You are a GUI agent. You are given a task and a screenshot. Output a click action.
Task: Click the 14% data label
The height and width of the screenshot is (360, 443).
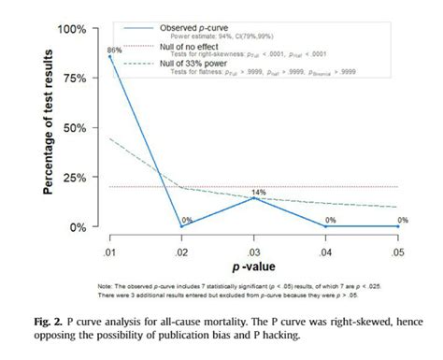pos(259,191)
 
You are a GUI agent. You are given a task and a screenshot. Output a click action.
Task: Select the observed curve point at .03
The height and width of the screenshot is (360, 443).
pos(255,198)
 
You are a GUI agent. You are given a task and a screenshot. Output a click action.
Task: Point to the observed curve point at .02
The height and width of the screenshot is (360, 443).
pos(183,225)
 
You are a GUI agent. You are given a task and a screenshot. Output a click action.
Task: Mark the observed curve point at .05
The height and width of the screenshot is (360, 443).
pos(399,225)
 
